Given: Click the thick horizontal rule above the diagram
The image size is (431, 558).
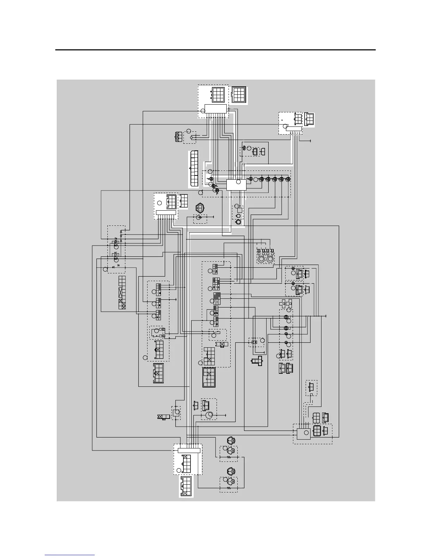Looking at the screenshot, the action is pos(216,50).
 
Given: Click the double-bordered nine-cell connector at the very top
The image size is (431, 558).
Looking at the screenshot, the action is pos(239,94).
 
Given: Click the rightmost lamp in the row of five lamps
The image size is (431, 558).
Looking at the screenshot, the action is pos(288,179).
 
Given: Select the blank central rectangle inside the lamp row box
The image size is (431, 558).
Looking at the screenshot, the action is pos(236,185).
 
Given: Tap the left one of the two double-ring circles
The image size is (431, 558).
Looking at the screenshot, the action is pos(261,259).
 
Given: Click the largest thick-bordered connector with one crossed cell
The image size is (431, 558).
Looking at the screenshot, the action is pos(209,377).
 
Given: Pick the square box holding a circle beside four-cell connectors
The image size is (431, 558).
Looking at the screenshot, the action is pos(302,433).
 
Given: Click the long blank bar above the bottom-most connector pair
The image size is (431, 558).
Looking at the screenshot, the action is pos(189,450).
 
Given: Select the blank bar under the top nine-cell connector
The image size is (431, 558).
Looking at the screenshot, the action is pos(216,108).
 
